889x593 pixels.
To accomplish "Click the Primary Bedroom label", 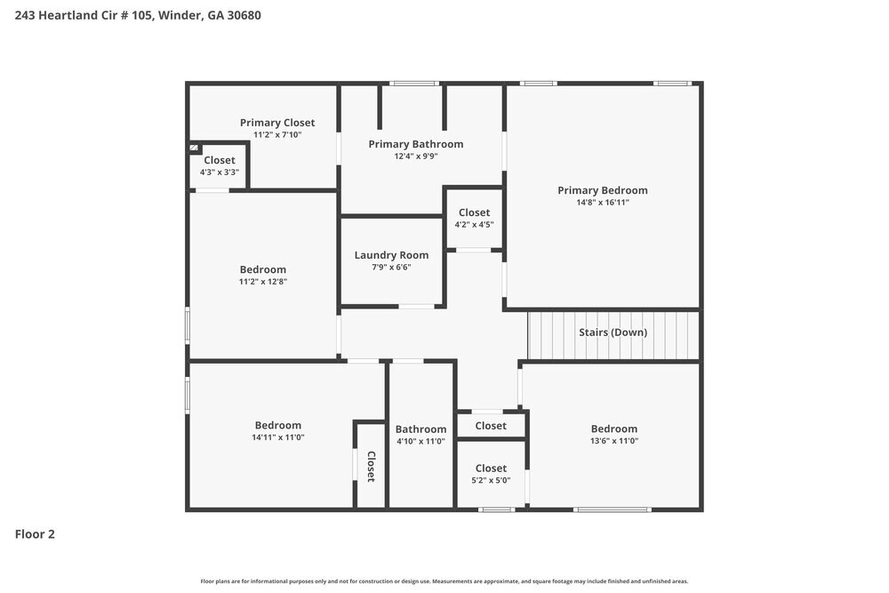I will (602, 190).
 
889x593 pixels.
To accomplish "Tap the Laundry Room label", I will (391, 255).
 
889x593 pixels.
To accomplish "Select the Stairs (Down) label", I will (613, 333).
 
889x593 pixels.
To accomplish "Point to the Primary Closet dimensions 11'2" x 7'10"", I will (277, 135).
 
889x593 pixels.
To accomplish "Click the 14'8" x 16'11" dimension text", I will (603, 203).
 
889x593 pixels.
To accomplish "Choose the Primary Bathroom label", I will (416, 144).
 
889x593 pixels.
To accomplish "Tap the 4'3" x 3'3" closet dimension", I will (220, 172).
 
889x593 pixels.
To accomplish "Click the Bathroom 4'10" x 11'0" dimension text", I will (420, 441).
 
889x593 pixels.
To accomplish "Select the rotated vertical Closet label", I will (371, 466).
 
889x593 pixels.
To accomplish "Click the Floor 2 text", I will (35, 534).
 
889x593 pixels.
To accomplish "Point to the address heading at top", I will (138, 15).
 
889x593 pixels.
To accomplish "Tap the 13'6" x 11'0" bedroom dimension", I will (614, 441).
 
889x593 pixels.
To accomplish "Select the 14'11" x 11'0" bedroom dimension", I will (278, 437).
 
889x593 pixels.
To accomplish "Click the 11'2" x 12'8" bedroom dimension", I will (263, 282).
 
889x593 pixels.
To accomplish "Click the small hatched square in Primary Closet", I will (194, 148).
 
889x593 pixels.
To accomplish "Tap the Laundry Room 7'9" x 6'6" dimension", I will (391, 267).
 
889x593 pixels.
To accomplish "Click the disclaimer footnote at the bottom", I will (444, 581).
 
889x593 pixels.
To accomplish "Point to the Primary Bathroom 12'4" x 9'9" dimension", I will (416, 156).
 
